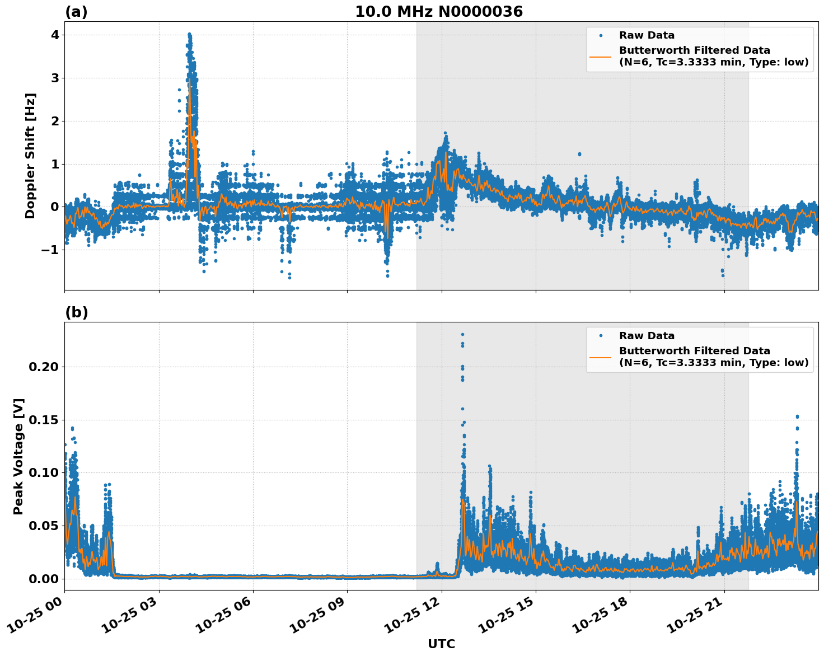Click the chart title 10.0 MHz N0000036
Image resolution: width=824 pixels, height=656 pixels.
439,12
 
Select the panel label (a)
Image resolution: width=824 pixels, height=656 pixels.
76,12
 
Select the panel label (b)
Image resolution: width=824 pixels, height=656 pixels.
76,312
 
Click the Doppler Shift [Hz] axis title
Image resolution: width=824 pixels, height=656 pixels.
30,156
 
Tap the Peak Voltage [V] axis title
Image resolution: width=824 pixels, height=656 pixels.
18,456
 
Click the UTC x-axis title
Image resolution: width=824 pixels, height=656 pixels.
441,644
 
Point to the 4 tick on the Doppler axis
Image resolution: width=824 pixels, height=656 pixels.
55,35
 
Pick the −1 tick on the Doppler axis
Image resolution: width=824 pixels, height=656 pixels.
50,250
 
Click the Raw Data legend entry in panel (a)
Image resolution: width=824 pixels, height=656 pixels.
647,35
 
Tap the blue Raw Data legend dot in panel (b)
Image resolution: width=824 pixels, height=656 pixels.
601,336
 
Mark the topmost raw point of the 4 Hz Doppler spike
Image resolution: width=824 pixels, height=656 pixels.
189,34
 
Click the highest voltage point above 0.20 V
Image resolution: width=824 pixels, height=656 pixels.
462,334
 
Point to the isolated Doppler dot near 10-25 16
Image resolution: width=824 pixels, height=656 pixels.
579,154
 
